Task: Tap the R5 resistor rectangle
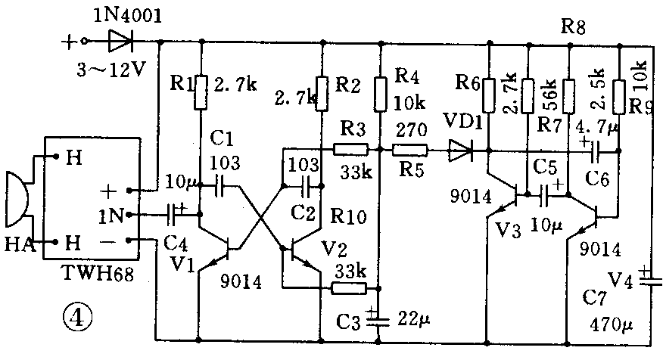coord(409,150)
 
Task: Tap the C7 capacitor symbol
coord(645,278)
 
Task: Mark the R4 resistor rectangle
coord(380,92)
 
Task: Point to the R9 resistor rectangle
coord(620,92)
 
